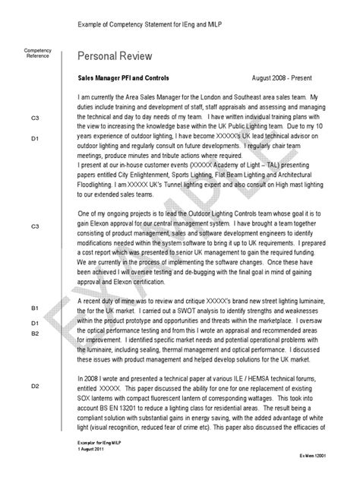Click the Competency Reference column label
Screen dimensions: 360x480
coord(38,53)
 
